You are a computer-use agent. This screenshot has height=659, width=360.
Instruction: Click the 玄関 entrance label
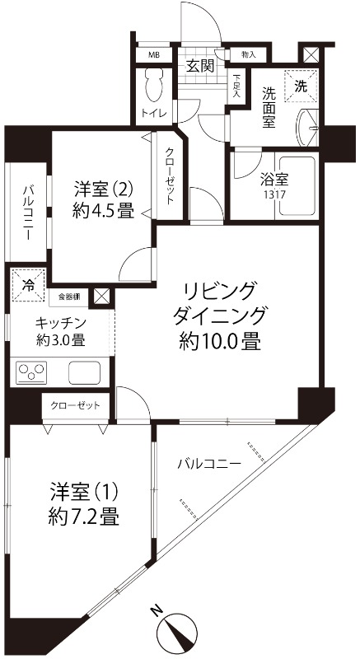199,66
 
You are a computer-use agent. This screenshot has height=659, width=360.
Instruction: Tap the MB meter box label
153,55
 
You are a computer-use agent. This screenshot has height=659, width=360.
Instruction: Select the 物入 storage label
248,55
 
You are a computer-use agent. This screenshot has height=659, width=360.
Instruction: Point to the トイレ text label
153,113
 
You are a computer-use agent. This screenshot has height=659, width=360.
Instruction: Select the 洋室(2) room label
102,188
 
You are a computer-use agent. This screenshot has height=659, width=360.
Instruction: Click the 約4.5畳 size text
102,210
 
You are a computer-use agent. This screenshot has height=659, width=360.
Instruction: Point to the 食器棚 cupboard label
69,294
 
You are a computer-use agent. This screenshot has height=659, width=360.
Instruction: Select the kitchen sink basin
84,372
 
